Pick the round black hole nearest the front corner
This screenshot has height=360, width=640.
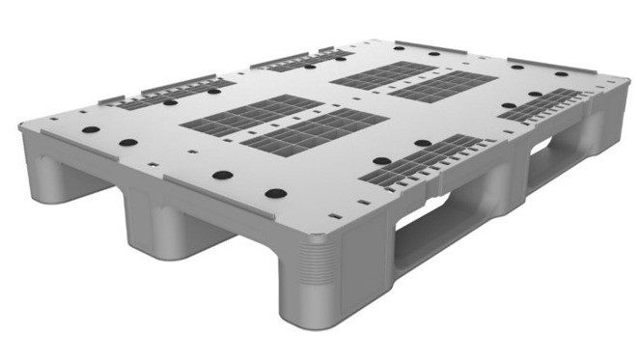pos(274,193)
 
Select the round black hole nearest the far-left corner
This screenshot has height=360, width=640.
pos(85,127)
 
